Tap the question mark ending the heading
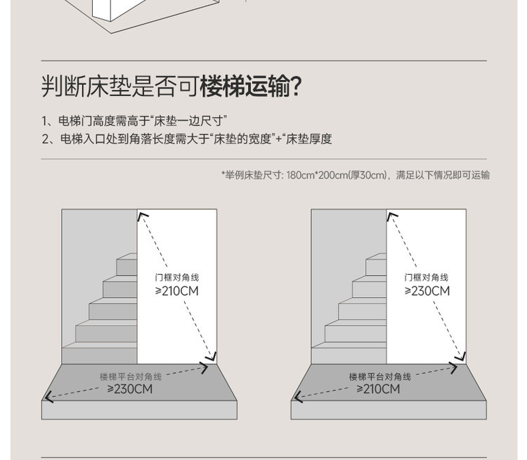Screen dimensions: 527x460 point(296,86)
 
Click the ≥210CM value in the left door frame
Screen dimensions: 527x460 point(176,291)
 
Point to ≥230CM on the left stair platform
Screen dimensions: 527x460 point(130,389)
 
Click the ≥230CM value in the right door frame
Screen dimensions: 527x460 point(427,291)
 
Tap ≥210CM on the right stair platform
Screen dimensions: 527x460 point(379,389)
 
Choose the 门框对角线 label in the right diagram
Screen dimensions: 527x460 point(427,277)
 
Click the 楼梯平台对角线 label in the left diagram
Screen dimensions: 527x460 point(130,377)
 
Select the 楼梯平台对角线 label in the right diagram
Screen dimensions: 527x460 point(379,377)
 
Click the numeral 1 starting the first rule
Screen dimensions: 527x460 point(44,121)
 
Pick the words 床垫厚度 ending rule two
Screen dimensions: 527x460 point(308,139)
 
